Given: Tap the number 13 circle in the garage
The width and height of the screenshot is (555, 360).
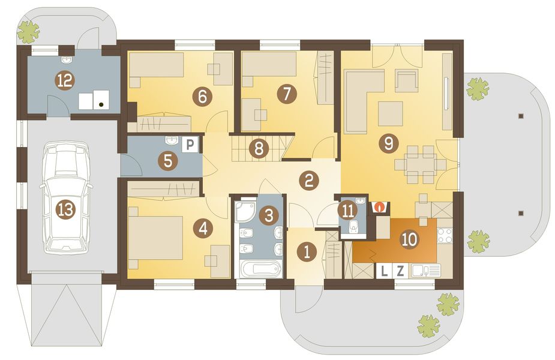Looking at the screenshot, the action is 67,210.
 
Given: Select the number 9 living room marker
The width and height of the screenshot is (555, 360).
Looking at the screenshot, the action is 389,143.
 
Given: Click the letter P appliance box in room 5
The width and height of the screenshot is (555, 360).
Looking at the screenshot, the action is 190,145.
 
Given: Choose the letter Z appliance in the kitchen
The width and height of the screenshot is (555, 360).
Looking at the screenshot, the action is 400,271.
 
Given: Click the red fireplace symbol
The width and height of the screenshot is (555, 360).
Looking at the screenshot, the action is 380,207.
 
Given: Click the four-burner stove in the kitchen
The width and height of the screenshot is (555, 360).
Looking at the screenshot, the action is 445,235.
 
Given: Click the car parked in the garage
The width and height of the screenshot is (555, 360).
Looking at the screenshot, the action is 67,197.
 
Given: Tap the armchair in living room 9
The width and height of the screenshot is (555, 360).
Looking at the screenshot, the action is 406,81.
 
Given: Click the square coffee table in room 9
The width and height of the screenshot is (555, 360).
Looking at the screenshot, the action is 391,113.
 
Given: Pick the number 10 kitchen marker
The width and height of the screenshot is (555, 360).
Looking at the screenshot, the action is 410,239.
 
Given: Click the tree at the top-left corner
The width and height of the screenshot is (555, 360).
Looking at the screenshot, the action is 28,31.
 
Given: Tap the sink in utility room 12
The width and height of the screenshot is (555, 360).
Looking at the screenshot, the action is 67,60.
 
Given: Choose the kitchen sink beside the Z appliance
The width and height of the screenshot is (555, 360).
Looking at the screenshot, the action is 426,271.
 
